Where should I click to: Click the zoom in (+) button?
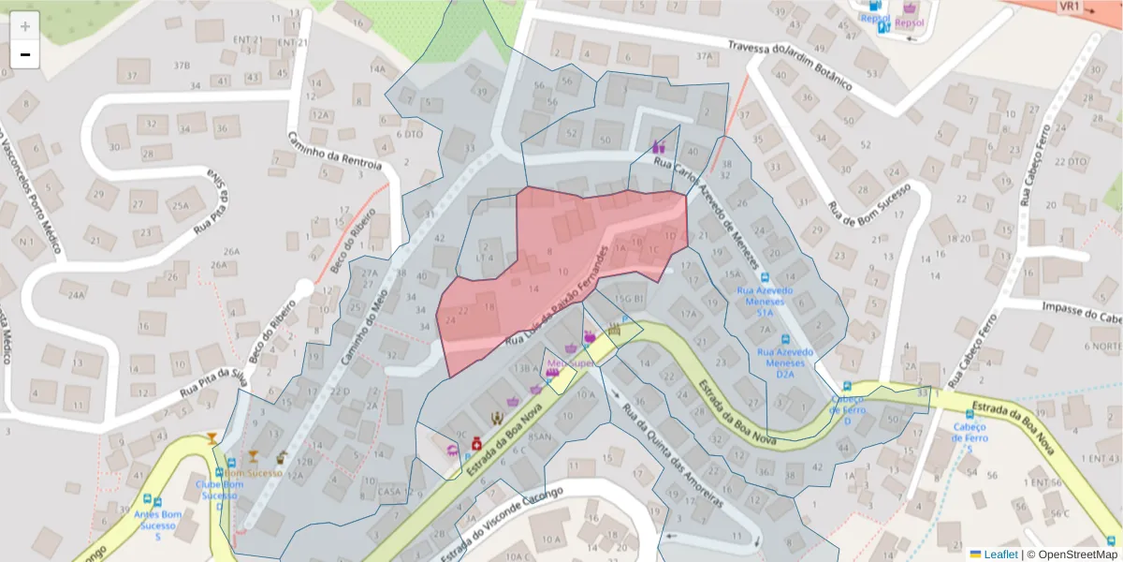click(x=25, y=26)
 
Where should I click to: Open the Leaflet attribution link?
click(x=999, y=554)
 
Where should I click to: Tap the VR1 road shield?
click(x=1069, y=7)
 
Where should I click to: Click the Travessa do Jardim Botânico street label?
click(x=790, y=64)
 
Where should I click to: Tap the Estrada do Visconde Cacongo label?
click(x=509, y=511)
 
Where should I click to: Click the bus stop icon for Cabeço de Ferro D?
click(x=847, y=386)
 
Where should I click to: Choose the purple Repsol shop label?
click(x=910, y=21)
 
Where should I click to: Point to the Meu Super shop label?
click(x=571, y=362)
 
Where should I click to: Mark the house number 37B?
click(x=182, y=65)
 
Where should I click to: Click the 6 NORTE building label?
click(x=1106, y=346)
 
